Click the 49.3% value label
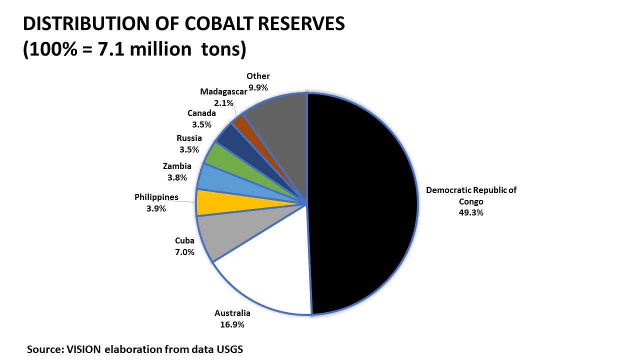coord(471,212)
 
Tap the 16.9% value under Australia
coord(232,324)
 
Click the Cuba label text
coord(184,241)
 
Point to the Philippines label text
coord(156,197)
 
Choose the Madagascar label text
coord(223,91)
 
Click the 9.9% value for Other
coord(258,87)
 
